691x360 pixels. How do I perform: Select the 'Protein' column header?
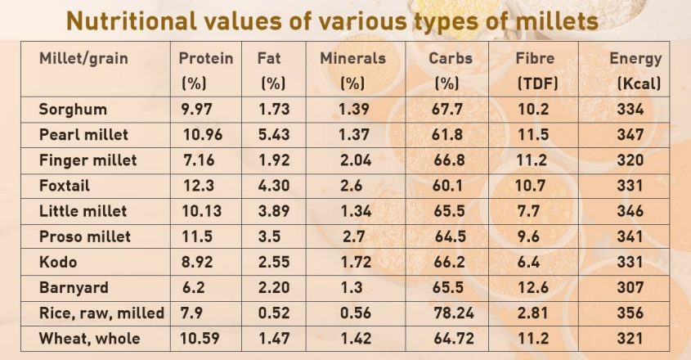pos(206,59)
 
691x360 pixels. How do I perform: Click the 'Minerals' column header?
pos(352,59)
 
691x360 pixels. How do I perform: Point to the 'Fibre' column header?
pos(536,59)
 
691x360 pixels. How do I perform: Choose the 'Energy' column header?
pos(635,59)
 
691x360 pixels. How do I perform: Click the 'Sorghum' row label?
pos(73,109)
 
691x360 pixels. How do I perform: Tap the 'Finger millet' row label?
pos(87,160)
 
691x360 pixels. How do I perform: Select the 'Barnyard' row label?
pos(74,287)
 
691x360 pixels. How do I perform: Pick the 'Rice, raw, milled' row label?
pos(101,313)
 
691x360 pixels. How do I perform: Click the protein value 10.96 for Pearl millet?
pos(200,134)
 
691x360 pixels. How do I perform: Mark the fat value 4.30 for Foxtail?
pos(274,186)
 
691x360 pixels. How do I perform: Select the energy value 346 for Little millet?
pos(630,211)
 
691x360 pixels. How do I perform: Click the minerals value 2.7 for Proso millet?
pos(352,236)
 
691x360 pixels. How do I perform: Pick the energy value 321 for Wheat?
pos(630,338)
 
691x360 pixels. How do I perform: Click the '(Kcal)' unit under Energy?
pos(639,83)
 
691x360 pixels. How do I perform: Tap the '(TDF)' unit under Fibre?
pos(536,83)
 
